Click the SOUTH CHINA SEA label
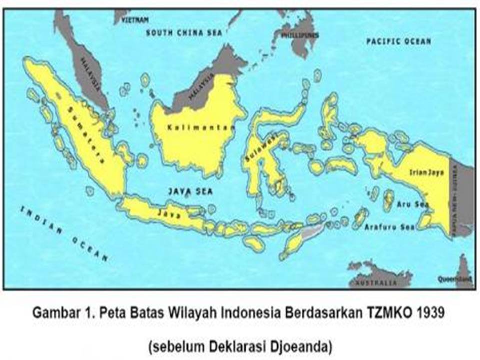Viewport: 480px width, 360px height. coord(182,33)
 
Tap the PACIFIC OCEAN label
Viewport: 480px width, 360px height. coord(398,41)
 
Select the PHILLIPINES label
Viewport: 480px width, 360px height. coord(300,36)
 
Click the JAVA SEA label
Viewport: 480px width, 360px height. coord(190,191)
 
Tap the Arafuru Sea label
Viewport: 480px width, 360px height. coord(390,227)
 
